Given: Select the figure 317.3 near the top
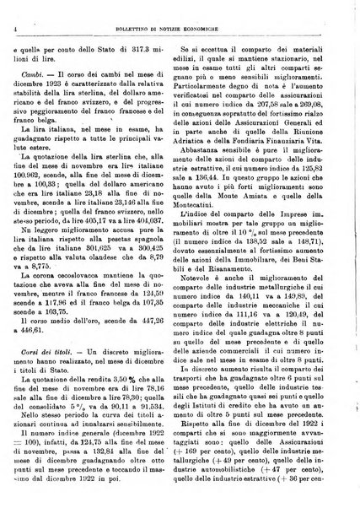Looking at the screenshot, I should [x=149, y=28].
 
